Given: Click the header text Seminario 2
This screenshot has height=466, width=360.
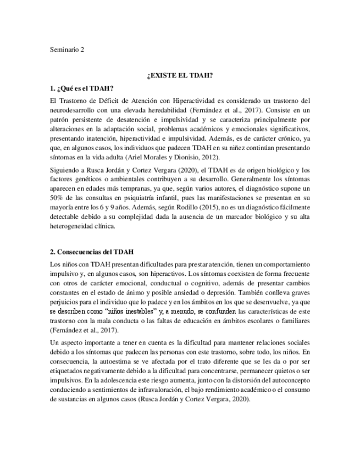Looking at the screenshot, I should coord(67,51).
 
